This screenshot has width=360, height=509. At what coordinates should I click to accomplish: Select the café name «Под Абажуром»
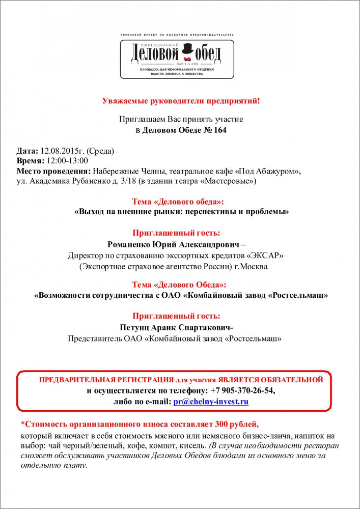point(269,171)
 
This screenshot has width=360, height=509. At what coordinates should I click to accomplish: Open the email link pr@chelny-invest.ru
point(210,402)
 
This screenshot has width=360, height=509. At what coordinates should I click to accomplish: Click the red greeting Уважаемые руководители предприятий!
point(181,101)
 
